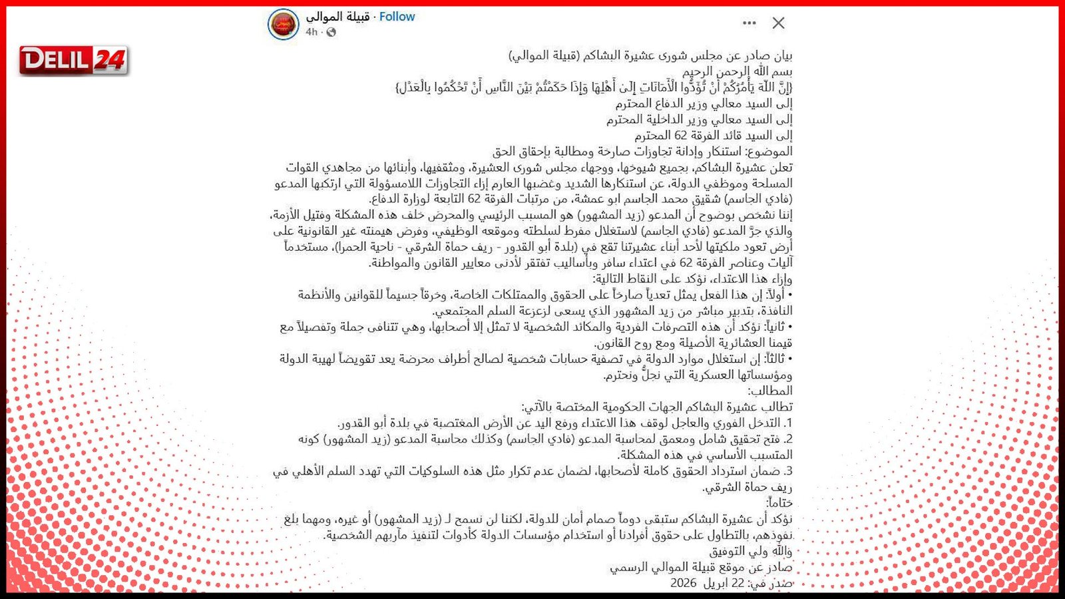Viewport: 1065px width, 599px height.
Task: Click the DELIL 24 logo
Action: pos(74,61)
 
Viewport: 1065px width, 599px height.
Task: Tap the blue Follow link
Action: pos(397,17)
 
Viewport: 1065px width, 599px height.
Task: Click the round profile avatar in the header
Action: pos(283,25)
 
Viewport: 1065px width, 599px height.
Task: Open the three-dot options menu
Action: pos(749,23)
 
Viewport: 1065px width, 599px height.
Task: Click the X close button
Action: pos(778,23)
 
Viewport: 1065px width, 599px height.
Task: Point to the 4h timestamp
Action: pos(312,32)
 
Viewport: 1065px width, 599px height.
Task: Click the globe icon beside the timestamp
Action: pos(331,32)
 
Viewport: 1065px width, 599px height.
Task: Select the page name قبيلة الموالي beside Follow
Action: pos(337,17)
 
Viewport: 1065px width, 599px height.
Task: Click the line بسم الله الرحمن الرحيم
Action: pos(738,71)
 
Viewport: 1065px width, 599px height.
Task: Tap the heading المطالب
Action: pos(770,391)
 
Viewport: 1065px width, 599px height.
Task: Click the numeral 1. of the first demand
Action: pos(787,423)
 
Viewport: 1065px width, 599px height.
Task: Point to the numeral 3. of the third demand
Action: pos(787,471)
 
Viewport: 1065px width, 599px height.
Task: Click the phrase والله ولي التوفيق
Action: pos(750,551)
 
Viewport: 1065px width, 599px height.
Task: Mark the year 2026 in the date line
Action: pos(683,583)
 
